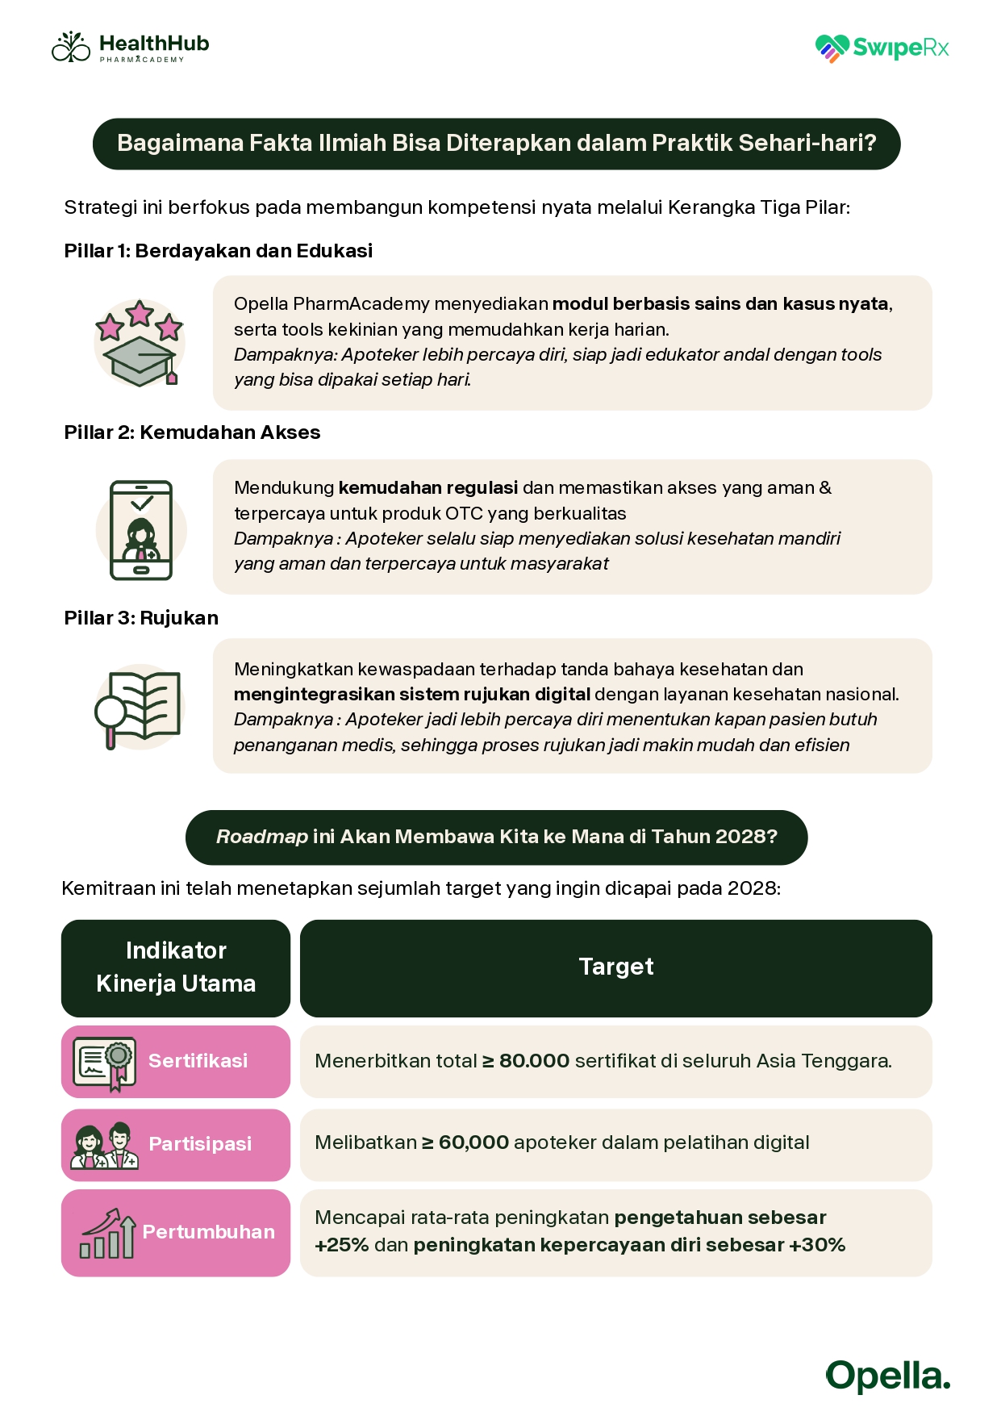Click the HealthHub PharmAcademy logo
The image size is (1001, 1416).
(131, 48)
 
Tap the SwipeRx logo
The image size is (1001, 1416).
(882, 48)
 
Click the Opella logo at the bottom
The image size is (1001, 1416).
(887, 1376)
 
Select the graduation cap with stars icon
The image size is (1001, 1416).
(140, 342)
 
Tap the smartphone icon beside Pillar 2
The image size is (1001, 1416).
(141, 530)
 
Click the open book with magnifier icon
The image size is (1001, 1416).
(140, 707)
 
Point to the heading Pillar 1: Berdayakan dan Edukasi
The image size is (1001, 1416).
(218, 251)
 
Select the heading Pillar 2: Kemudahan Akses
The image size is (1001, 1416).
(192, 432)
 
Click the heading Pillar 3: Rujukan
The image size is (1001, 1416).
(141, 618)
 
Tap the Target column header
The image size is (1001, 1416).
(615, 967)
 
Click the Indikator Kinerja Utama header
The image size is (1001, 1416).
(176, 967)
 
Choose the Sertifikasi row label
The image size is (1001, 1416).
(198, 1061)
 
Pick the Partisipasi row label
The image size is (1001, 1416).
(200, 1144)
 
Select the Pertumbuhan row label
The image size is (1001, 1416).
(208, 1232)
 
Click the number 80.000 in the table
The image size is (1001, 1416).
(534, 1061)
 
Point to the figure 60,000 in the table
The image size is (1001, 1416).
(473, 1142)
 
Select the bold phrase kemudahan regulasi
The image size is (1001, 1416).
(428, 488)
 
